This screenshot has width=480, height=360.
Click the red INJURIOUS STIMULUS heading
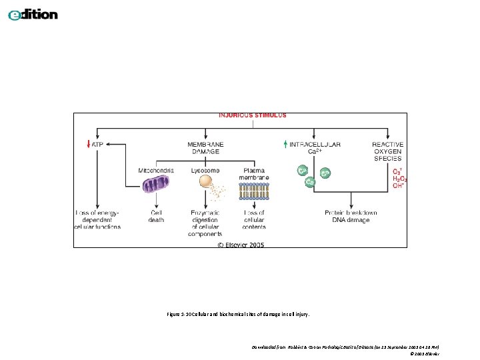click(253, 115)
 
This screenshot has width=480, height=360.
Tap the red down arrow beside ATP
click(88, 144)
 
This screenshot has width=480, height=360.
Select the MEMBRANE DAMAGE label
click(205, 148)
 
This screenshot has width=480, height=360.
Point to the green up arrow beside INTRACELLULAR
click(285, 144)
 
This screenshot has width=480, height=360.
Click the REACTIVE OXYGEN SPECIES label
click(387, 151)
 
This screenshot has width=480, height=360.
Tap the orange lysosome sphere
click(207, 181)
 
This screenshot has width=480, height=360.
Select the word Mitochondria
click(156, 171)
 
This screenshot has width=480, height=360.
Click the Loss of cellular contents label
click(254, 220)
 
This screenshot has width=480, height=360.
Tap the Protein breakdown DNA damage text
click(351, 217)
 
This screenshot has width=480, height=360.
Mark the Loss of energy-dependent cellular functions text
click(98, 220)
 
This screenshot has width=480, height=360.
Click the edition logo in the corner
click(33, 15)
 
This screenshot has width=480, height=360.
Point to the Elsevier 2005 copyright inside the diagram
click(240, 245)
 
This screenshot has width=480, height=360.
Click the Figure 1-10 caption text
click(239, 313)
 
